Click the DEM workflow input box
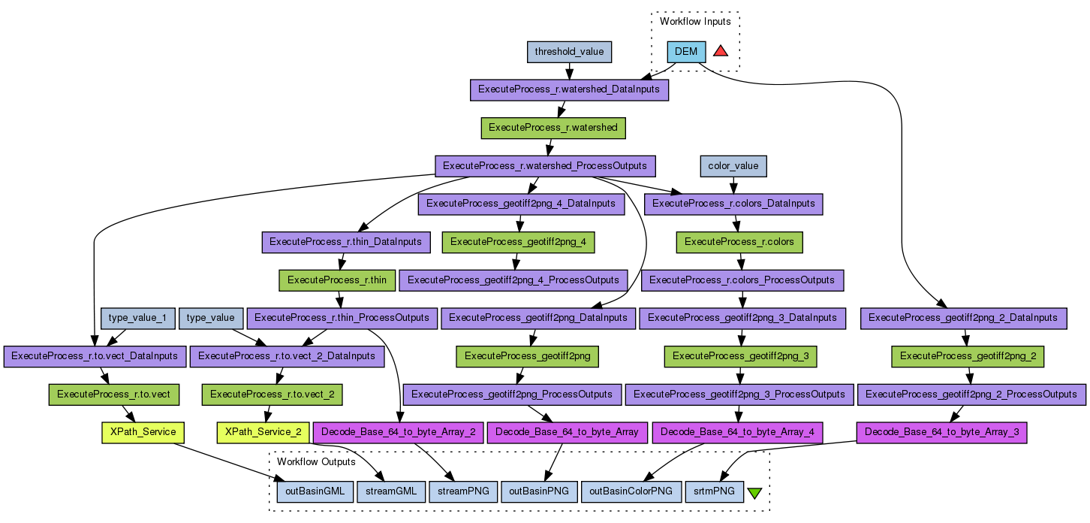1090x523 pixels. tap(686, 52)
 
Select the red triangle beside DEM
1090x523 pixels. tap(721, 51)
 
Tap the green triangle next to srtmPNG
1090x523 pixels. tap(754, 493)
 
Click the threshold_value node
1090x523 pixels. tap(569, 52)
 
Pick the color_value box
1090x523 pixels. tap(733, 165)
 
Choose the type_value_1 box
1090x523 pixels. tap(137, 318)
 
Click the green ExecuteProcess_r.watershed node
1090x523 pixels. tap(553, 128)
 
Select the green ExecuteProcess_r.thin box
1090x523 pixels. tap(336, 280)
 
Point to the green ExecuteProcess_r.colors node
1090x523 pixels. tap(739, 242)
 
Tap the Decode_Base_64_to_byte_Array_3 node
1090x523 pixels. tap(941, 432)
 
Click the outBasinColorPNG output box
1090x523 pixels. tap(631, 492)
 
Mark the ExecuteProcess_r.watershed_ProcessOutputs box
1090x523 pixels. tap(546, 165)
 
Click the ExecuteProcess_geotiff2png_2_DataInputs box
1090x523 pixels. tap(963, 318)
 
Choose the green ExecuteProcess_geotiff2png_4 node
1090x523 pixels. tap(519, 242)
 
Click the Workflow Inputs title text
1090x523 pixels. tap(695, 21)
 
